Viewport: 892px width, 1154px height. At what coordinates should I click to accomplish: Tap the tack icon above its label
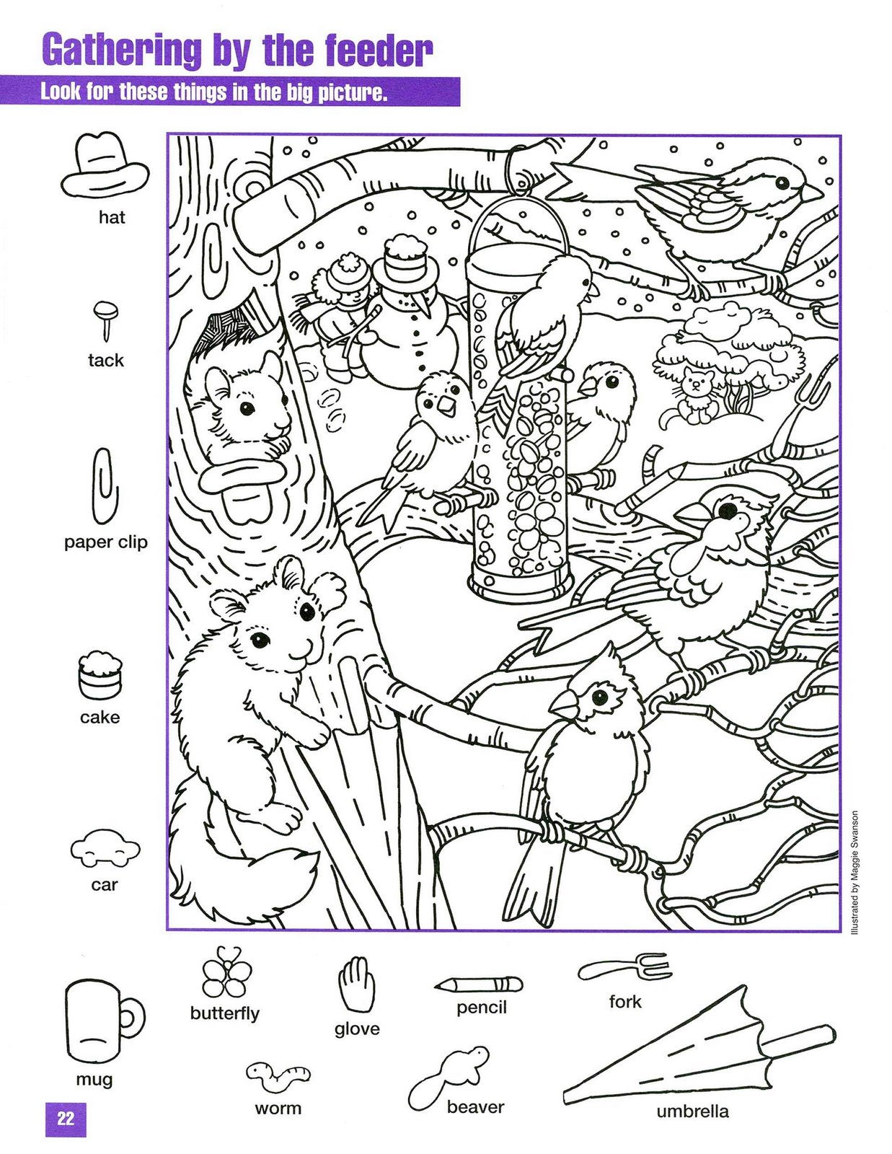106,321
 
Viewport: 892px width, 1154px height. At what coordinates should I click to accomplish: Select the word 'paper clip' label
106,542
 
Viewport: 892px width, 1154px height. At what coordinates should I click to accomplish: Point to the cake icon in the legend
100,675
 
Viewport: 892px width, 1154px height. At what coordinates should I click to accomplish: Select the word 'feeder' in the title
379,51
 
